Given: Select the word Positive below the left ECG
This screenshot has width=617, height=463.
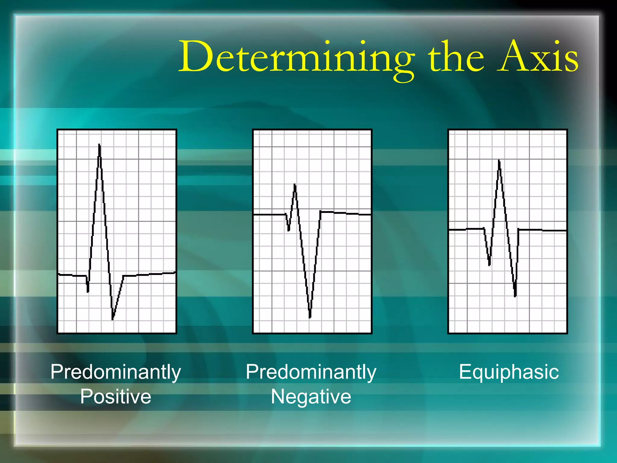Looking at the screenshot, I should point(116,396).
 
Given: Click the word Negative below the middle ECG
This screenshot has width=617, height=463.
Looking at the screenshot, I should point(311,396).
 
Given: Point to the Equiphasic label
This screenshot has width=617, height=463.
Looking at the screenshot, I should point(509,372).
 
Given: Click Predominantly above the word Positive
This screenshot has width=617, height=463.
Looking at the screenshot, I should point(116,372).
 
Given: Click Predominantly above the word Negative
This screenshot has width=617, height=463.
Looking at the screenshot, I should point(311,372).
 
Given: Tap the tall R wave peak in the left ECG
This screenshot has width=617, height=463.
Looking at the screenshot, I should point(99,146).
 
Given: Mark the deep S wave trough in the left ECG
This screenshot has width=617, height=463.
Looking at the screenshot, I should point(113,318).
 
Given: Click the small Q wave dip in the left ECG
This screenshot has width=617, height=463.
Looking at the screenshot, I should point(88,291).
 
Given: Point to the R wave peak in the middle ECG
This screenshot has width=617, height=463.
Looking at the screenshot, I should point(295,185).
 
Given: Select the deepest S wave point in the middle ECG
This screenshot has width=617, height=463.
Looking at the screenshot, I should point(310,317).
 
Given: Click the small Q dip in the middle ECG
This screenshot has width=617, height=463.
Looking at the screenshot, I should point(288,230).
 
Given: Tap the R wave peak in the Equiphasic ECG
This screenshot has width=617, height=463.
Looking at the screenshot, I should point(499,161).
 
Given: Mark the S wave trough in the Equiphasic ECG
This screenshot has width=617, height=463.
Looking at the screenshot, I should point(515,296).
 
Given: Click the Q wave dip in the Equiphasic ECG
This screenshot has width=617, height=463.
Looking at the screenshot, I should point(489,265).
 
